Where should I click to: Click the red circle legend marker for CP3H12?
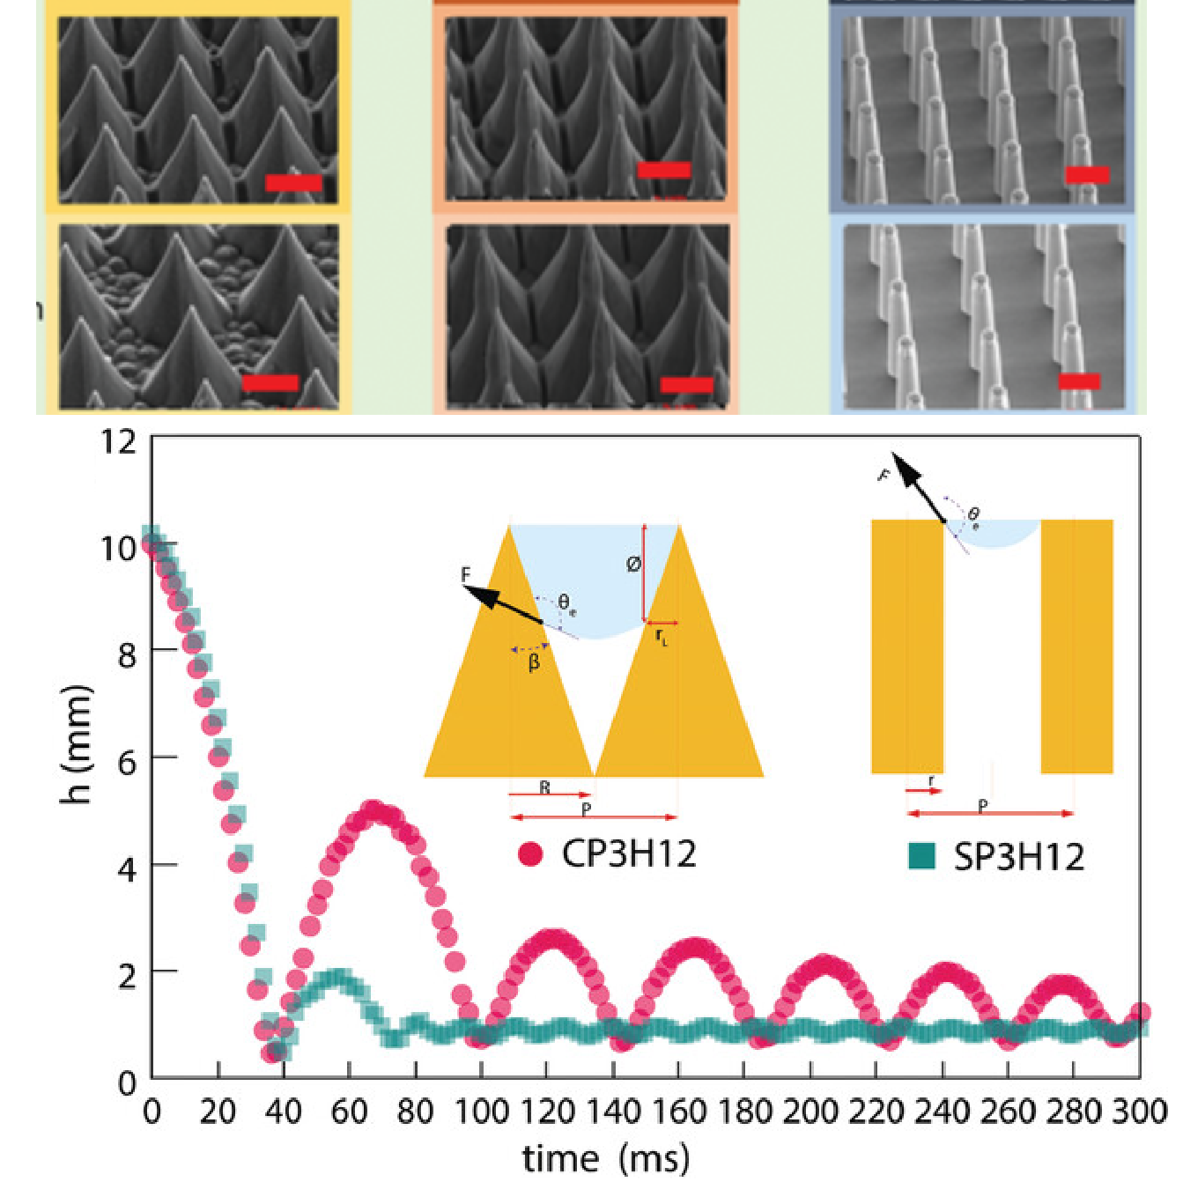point(530,853)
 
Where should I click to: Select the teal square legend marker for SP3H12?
point(921,856)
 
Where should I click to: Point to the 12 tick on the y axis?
point(119,440)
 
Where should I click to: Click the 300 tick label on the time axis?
point(1139,1112)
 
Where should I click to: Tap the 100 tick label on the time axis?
point(481,1112)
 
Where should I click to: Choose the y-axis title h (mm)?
point(78,744)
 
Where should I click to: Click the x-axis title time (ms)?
point(606,1157)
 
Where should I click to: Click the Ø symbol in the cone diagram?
point(633,565)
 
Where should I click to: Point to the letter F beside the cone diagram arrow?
point(466,575)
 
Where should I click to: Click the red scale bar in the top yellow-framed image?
point(293,183)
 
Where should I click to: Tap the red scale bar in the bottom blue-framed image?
point(1078,380)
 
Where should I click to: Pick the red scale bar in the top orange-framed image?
point(663,170)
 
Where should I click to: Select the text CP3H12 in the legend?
point(629,853)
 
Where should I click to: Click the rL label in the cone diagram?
point(662,636)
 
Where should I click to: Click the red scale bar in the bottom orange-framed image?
point(686,385)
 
